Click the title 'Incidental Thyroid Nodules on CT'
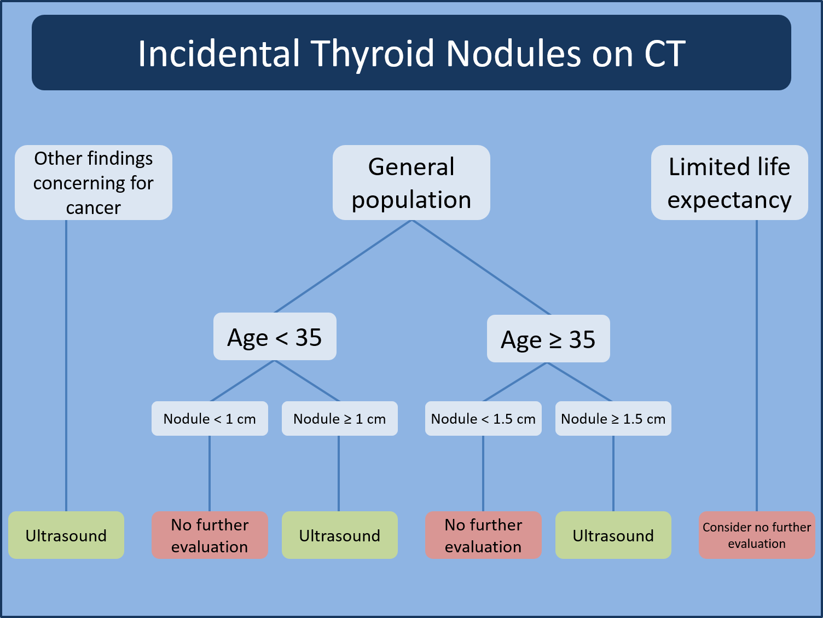(411, 53)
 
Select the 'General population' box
(411, 183)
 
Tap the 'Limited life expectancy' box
(729, 183)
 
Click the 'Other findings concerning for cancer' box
(94, 183)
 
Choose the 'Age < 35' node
(275, 337)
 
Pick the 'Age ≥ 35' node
(548, 339)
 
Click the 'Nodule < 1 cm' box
(210, 419)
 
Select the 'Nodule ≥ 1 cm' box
(339, 419)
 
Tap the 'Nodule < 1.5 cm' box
(483, 419)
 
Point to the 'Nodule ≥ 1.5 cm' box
(613, 419)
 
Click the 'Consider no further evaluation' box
(757, 535)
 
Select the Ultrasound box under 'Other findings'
(66, 535)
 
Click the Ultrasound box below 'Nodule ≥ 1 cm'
(339, 535)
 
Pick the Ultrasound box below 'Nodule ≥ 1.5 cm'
(613, 535)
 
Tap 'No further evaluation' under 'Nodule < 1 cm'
(210, 535)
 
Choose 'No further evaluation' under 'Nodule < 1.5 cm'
(483, 535)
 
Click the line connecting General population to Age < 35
(343, 266)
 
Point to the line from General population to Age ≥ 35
(480, 267)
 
